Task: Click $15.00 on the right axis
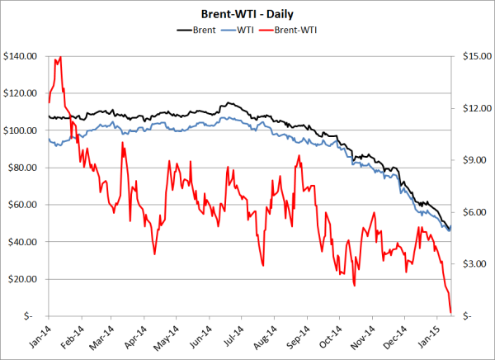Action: [472, 56]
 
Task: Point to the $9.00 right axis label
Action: [472, 160]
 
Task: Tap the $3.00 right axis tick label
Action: [472, 264]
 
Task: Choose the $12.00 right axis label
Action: [472, 108]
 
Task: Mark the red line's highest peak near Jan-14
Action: [60, 57]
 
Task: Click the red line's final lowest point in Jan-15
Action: [450, 312]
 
